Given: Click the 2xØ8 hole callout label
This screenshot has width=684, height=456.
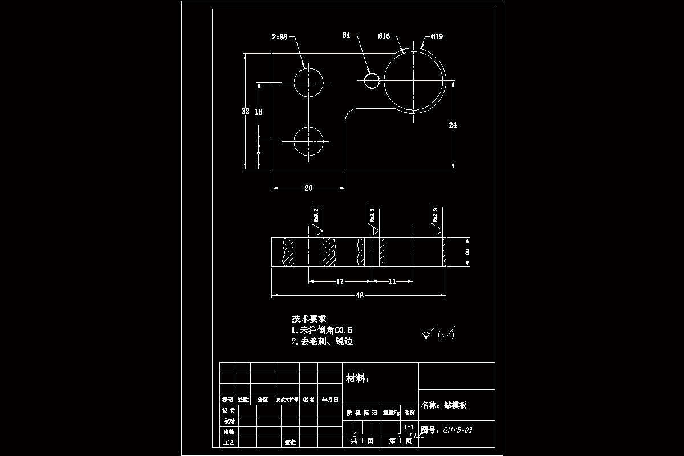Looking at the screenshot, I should click(279, 37).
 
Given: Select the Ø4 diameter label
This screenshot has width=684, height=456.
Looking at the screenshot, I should click(346, 36).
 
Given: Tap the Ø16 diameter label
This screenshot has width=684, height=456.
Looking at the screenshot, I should click(384, 36).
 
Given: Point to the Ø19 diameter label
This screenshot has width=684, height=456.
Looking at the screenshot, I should click(437, 37).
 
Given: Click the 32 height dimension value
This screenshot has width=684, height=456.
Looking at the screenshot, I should click(246, 111).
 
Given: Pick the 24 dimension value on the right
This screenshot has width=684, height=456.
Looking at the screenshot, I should click(453, 125).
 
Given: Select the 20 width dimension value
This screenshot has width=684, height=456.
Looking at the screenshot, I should click(308, 188).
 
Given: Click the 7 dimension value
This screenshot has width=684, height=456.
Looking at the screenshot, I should click(259, 154).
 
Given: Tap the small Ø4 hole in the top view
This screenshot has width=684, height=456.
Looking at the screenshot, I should click(372, 81).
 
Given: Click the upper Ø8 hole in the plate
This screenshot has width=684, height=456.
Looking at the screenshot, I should click(308, 82).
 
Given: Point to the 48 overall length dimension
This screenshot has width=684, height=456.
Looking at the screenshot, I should click(360, 295).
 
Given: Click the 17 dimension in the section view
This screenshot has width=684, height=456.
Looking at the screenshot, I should click(340, 281).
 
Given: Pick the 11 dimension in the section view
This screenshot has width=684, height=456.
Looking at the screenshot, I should click(392, 281).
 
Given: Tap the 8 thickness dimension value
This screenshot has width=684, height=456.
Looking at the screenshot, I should click(467, 251).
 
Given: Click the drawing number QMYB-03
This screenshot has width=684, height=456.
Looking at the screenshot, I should click(457, 430).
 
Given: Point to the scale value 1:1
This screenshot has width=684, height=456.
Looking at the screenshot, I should click(409, 426).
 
